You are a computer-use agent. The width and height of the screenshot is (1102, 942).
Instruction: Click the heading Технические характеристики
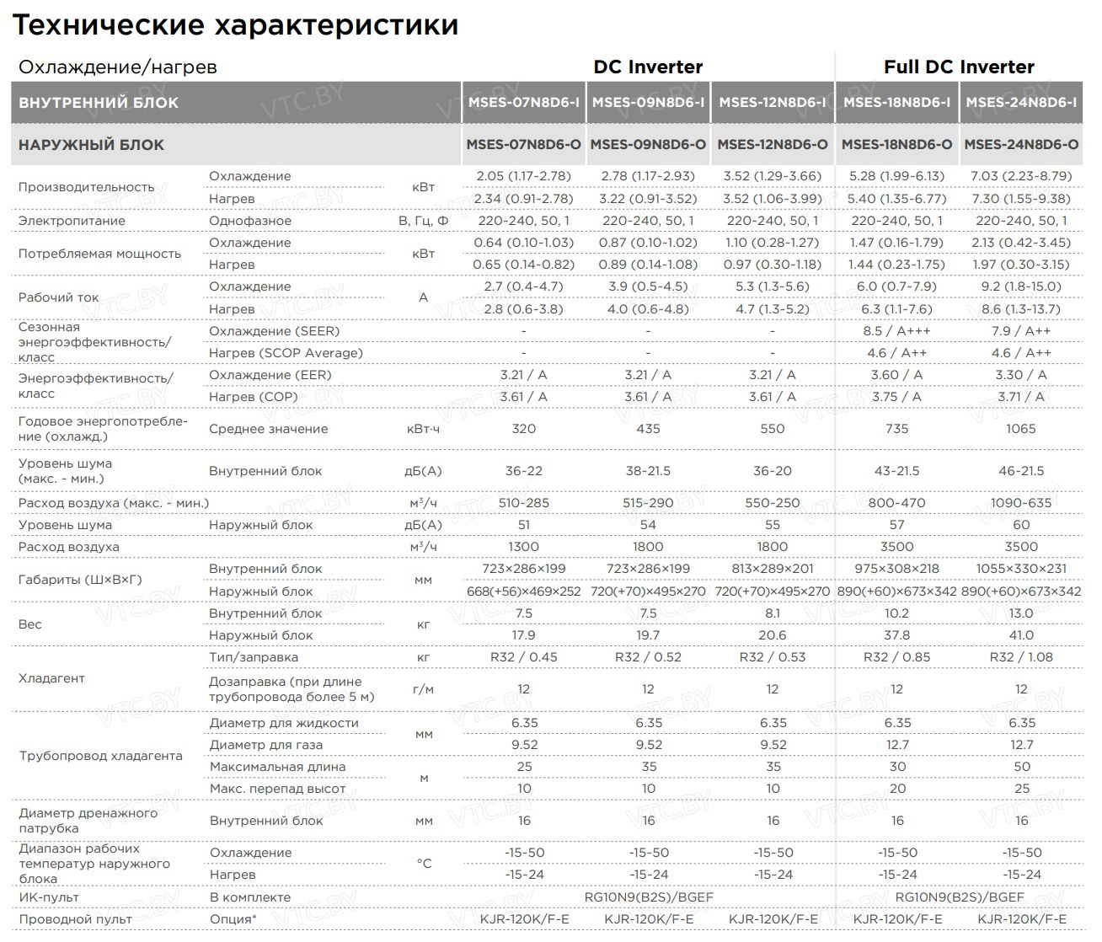[x=235, y=24]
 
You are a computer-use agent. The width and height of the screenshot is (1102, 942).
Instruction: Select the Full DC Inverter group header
[x=959, y=67]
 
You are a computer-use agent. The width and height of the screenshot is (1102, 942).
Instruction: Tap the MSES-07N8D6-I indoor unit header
[x=523, y=102]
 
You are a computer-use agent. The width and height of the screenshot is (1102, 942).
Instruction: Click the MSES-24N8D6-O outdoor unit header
[x=1021, y=144]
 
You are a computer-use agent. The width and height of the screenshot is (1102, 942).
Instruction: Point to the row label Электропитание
[x=72, y=221]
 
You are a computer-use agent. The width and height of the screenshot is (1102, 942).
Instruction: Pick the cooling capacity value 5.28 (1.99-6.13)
[x=896, y=176]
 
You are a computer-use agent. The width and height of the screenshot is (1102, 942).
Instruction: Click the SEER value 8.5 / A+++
[x=896, y=331]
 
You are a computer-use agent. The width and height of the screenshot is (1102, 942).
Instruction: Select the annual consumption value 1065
[x=1020, y=429]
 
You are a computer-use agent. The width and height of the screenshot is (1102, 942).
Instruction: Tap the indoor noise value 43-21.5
[x=896, y=471]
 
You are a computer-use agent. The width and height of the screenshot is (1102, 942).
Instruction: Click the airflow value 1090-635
[x=1020, y=503]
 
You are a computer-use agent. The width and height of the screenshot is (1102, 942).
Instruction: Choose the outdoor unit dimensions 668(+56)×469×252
[x=523, y=591]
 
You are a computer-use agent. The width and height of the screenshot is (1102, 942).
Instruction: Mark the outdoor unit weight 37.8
[x=896, y=635]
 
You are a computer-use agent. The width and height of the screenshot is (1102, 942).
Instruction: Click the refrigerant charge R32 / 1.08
[x=1020, y=657]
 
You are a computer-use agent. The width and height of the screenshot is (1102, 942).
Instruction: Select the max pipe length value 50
[x=1021, y=767]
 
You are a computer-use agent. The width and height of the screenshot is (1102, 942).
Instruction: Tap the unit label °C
[x=424, y=864]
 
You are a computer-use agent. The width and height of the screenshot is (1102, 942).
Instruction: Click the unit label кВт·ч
[x=423, y=429]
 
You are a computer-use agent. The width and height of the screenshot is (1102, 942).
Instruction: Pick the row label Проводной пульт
[x=75, y=919]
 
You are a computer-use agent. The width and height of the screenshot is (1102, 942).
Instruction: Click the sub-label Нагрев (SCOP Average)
[x=286, y=353]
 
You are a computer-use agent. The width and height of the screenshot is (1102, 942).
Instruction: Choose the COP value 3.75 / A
[x=896, y=397]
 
